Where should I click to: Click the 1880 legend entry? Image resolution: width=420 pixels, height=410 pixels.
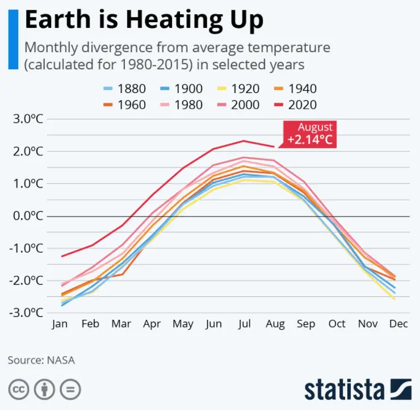click(x=124, y=89)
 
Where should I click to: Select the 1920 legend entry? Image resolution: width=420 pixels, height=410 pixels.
click(x=238, y=89)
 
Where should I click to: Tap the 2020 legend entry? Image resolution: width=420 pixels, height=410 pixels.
click(x=296, y=104)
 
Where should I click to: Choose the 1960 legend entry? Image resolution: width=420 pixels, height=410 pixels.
click(x=124, y=104)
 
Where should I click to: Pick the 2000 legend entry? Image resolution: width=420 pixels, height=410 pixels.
click(x=238, y=104)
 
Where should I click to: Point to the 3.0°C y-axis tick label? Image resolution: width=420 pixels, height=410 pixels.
click(x=28, y=119)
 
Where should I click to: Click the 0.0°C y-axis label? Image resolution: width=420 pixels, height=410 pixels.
click(x=28, y=216)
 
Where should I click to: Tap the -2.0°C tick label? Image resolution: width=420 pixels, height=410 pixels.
click(x=26, y=281)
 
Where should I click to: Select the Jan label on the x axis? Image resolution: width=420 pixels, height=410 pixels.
click(x=60, y=324)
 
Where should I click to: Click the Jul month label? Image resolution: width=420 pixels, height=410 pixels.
click(x=245, y=324)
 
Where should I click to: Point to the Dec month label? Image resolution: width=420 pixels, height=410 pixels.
click(x=398, y=324)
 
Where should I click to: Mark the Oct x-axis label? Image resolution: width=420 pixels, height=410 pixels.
click(x=337, y=324)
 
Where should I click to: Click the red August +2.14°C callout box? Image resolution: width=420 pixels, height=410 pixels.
click(x=310, y=134)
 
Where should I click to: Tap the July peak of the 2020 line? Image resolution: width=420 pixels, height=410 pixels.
click(x=243, y=141)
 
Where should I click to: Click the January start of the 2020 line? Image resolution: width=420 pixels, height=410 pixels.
click(x=62, y=257)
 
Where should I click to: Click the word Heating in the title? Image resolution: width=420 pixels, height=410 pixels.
click(x=174, y=20)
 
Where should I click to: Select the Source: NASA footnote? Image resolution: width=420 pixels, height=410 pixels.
click(x=41, y=360)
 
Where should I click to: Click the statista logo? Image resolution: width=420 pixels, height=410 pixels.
click(x=358, y=390)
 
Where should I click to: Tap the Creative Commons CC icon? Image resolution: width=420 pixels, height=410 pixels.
click(x=19, y=390)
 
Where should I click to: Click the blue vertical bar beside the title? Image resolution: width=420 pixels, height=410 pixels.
click(x=14, y=39)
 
